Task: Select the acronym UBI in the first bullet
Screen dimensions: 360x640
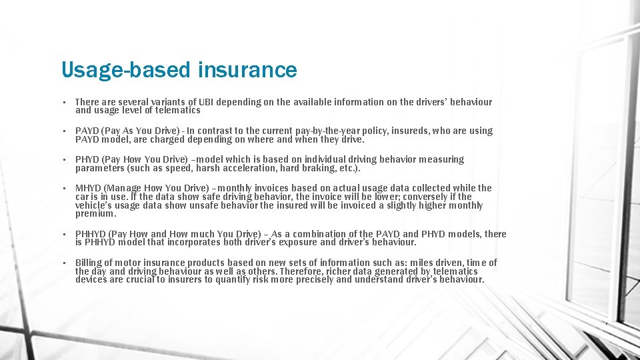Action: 206,102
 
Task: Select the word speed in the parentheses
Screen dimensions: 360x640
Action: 173,168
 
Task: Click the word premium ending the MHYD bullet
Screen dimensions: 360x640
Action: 95,214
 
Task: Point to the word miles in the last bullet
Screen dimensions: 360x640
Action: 424,263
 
